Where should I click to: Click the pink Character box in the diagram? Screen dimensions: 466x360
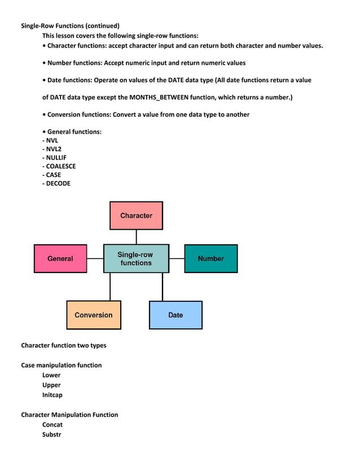pos(136,216)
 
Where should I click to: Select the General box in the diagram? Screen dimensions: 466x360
pos(60,258)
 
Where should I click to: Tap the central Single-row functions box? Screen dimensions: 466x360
pos(136,258)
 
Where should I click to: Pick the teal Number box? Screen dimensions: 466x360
pos(211,258)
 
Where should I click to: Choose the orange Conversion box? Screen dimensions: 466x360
pos(94,315)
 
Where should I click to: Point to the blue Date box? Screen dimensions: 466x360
pos(175,315)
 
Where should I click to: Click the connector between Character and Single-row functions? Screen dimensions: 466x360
pos(136,237)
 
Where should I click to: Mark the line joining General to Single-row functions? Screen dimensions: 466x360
pos(95,258)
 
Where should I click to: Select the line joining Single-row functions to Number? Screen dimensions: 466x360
pos(177,258)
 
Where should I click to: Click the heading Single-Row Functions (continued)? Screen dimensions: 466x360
pos(70,25)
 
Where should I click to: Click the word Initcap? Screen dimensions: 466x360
pos(52,395)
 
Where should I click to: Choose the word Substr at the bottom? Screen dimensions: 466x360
pos(51,434)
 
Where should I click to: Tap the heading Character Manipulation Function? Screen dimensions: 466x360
pos(69,415)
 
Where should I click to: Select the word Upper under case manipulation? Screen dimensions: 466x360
pos(51,385)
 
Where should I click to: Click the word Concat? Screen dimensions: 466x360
pos(52,424)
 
